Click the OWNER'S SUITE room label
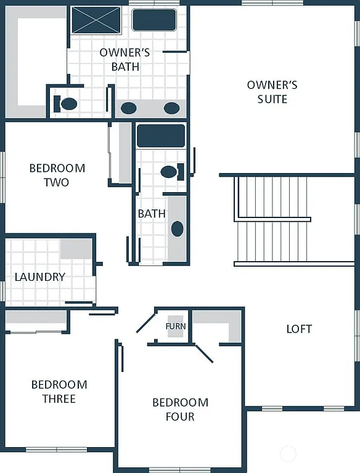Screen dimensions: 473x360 point(272,92)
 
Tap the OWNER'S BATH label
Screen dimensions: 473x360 point(125,60)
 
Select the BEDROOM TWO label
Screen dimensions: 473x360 point(57,175)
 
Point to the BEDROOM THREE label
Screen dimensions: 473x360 point(59,392)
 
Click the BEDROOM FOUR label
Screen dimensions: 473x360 point(180,410)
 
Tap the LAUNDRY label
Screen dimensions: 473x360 point(39,277)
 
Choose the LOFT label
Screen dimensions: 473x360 point(299,329)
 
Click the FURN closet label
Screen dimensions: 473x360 point(176,326)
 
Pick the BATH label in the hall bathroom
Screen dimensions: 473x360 point(152,214)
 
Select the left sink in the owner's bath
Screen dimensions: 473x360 point(128,108)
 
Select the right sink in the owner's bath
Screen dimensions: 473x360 point(171,108)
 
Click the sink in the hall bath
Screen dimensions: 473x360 point(177,229)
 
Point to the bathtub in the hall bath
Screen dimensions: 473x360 point(160,135)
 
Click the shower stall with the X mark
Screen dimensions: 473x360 point(96,20)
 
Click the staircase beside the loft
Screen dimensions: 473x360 point(271,220)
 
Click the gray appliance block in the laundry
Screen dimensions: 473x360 point(76,249)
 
